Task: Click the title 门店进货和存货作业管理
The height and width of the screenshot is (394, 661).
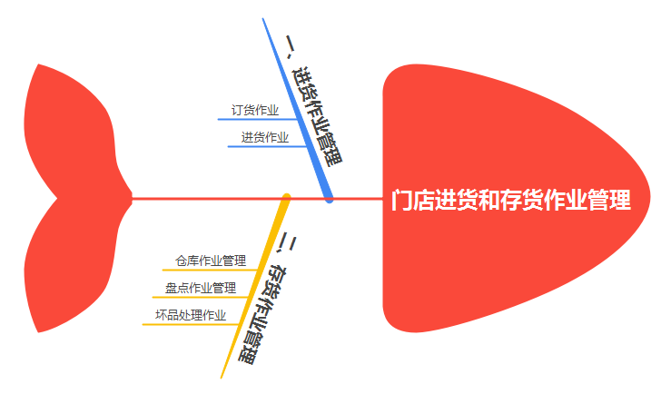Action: pos(510,200)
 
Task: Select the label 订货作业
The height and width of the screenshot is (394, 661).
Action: pos(255,111)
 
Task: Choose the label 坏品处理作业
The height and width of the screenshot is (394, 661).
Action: pos(191,316)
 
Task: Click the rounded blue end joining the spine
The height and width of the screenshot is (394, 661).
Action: pos(330,196)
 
